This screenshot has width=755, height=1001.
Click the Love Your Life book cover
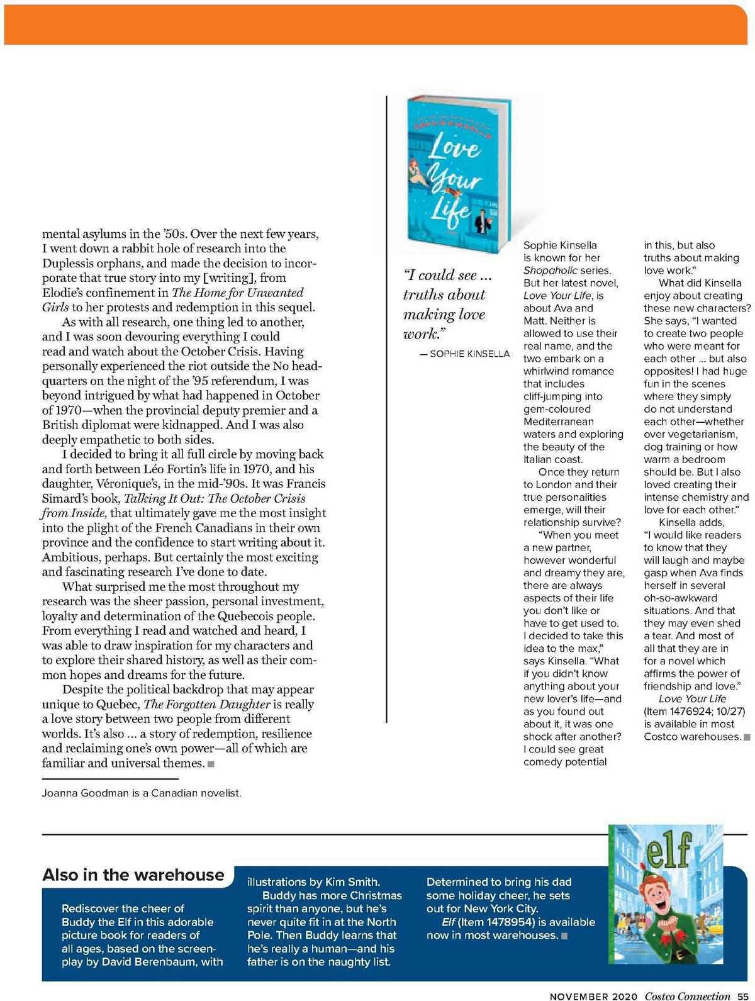(x=458, y=175)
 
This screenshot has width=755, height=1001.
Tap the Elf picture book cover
(x=669, y=894)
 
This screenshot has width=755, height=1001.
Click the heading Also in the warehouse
(x=133, y=875)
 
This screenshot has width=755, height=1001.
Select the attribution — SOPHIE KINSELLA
(x=464, y=354)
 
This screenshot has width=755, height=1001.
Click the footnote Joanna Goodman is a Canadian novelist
(x=142, y=793)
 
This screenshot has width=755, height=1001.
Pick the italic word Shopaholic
(x=549, y=271)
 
